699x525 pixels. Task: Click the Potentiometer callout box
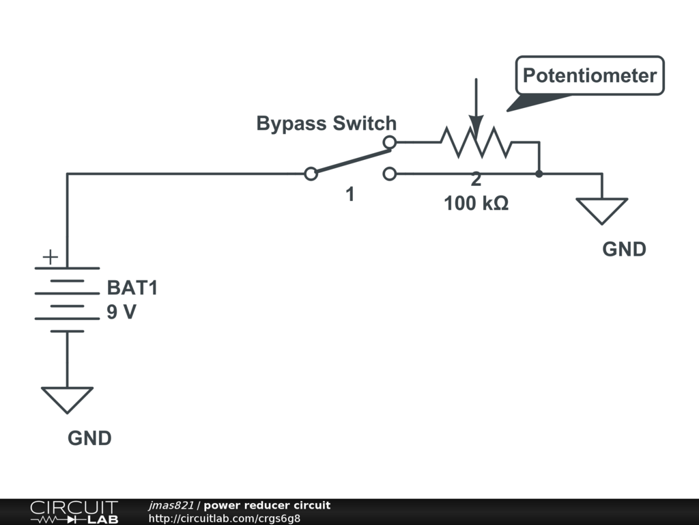(590, 75)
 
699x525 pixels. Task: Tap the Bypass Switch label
(326, 124)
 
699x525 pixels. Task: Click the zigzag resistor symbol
(476, 142)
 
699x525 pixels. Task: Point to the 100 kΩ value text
(476, 204)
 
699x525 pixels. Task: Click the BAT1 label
(132, 288)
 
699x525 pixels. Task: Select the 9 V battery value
(122, 312)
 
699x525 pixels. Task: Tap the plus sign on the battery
(51, 258)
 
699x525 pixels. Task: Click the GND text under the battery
(89, 438)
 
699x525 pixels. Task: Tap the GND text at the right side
(624, 250)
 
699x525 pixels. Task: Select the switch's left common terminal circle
(311, 174)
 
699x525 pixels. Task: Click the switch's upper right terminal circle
(389, 142)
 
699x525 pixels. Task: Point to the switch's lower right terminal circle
(389, 174)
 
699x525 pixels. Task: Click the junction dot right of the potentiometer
(539, 174)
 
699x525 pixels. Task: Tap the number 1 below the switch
(349, 195)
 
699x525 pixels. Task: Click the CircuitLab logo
(74, 512)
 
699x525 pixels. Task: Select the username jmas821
(171, 506)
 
